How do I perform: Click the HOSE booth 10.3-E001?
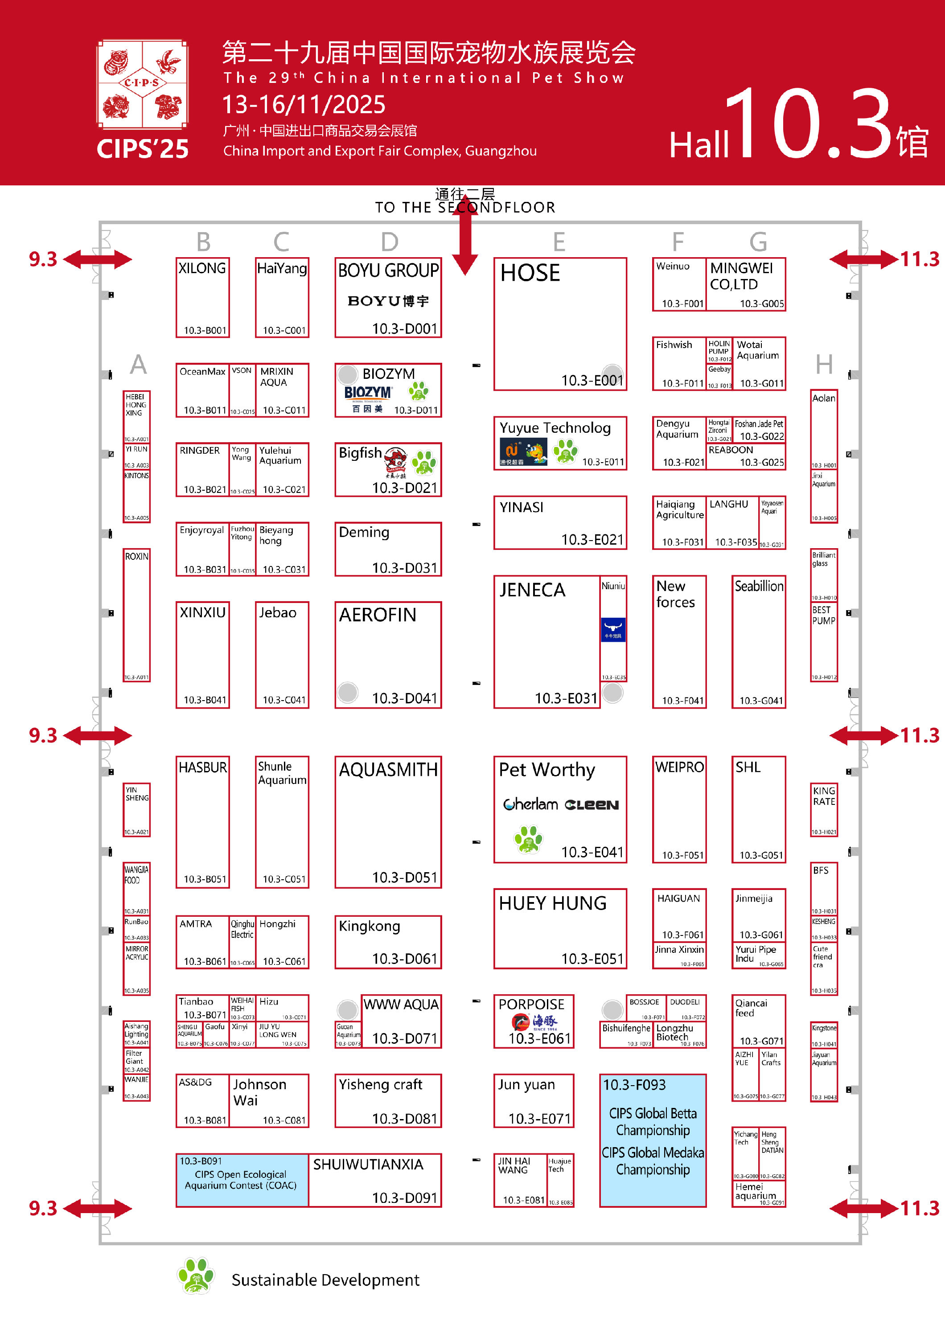559,324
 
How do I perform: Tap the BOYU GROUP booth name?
388,271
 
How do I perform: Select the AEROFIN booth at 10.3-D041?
388,655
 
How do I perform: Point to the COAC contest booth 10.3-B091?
242,1180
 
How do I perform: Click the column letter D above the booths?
390,242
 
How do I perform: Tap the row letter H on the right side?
824,365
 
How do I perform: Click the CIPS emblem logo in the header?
142,84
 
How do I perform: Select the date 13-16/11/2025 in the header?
304,105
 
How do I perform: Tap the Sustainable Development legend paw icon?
196,1275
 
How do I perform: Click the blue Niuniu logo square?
613,629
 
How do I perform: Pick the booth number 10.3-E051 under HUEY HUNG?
592,959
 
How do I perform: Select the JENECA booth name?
532,590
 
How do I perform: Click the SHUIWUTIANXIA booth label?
368,1164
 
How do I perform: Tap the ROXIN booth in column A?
136,614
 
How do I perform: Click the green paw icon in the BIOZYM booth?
418,391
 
